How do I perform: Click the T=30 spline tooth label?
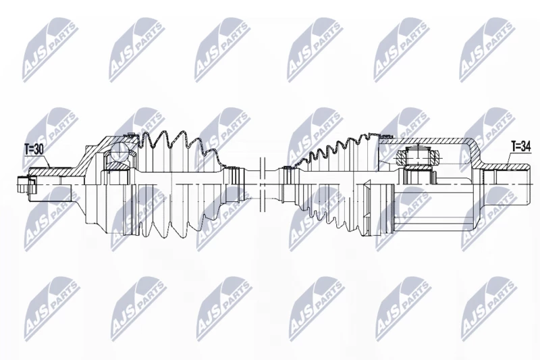pos(34,149)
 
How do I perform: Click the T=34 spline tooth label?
pos(521,147)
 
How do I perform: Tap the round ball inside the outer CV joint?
pos(119,151)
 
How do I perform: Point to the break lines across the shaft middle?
pos(262,184)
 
